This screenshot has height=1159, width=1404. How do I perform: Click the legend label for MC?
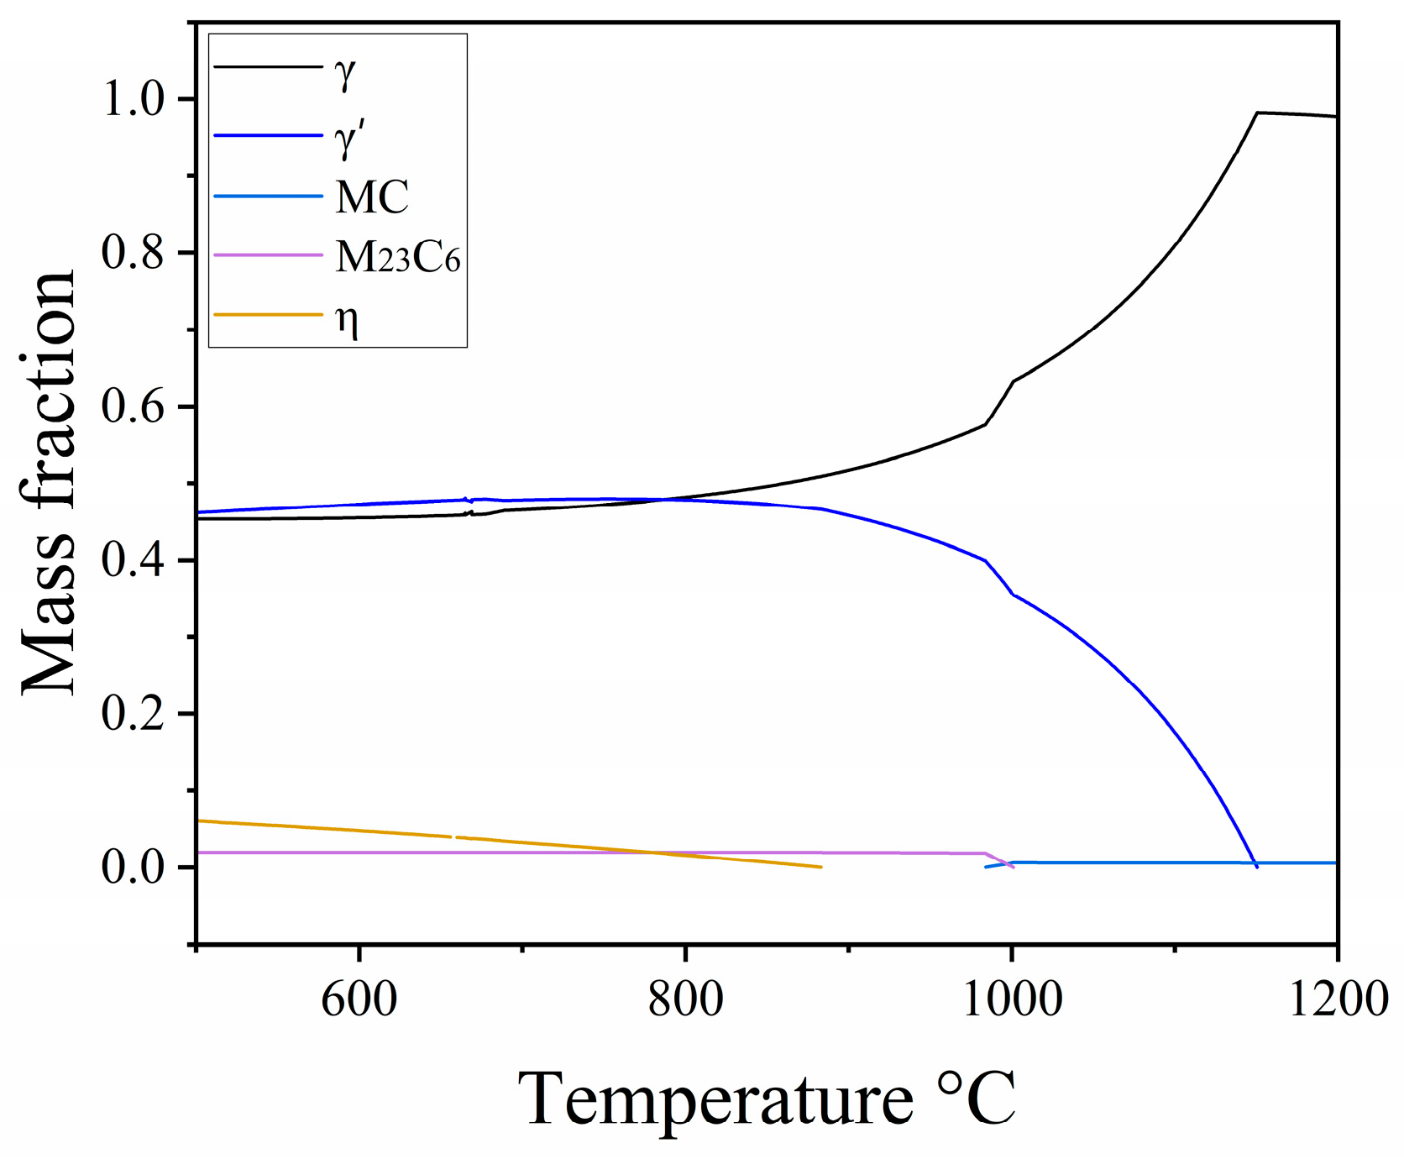click(x=372, y=197)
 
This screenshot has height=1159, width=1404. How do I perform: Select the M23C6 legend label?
click(x=398, y=257)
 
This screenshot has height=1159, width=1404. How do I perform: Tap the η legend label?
click(x=348, y=320)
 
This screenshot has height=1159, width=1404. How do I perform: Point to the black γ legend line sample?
click(x=268, y=66)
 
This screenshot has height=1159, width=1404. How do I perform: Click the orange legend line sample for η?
click(x=268, y=315)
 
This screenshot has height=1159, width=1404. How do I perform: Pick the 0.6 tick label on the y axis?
click(x=133, y=406)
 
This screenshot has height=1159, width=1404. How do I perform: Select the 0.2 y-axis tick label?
click(x=133, y=714)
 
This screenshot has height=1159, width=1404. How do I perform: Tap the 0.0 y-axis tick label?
click(x=133, y=867)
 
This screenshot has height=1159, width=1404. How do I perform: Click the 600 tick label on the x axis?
click(x=359, y=999)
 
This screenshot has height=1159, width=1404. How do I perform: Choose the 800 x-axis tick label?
click(x=685, y=999)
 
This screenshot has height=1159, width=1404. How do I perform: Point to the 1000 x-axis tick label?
click(x=1012, y=999)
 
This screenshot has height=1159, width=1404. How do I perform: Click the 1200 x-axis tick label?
click(x=1337, y=999)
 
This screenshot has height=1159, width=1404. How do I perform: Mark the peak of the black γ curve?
click(x=1257, y=113)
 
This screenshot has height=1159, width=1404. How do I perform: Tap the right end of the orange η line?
click(x=820, y=867)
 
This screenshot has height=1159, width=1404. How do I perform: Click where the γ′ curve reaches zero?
click(x=1256, y=866)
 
